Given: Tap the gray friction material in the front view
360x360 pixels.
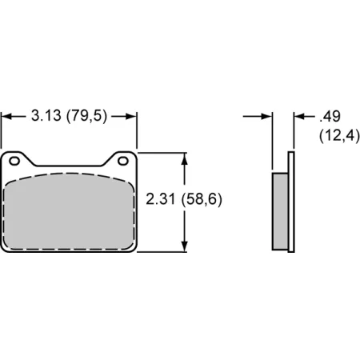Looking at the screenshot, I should pos(70,212).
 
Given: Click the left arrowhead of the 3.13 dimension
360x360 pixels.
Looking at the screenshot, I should pos(6,116).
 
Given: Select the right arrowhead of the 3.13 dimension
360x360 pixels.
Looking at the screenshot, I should pos(132,116).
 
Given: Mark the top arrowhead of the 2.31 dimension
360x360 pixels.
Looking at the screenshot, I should pos(186,157).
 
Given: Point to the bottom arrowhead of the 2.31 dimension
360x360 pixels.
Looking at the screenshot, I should pos(186,246).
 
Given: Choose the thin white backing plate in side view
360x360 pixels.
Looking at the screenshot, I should pos(292,200).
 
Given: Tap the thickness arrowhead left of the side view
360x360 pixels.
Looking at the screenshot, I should pos(268,116).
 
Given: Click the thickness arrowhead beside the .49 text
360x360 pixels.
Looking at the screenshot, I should pos(299,116).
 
